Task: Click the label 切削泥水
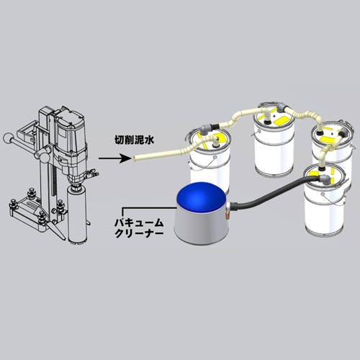pyautogui.click(x=135, y=140)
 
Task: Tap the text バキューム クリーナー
pyautogui.click(x=139, y=228)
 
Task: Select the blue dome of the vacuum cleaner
pyautogui.click(x=201, y=197)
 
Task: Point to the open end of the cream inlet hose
pyautogui.click(x=135, y=158)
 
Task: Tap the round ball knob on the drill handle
pyautogui.click(x=8, y=139)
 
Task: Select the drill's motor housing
pyautogui.click(x=70, y=139)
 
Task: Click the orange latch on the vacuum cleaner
pyautogui.click(x=227, y=215)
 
